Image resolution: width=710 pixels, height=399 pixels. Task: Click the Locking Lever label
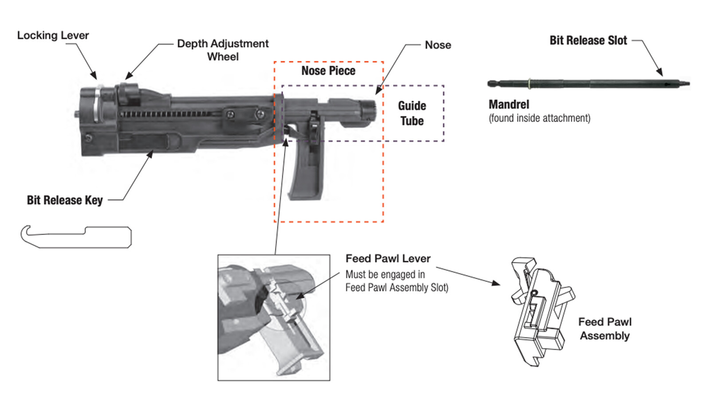click(x=53, y=35)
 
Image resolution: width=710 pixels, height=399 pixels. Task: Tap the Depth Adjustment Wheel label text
click(x=223, y=50)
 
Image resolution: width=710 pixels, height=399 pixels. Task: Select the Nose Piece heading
click(x=328, y=71)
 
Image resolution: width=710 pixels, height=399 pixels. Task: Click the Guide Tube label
click(x=412, y=113)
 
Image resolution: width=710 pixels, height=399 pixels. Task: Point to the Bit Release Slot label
click(x=588, y=41)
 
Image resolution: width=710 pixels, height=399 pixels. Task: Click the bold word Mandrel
click(x=509, y=105)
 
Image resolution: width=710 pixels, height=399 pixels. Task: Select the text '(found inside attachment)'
click(x=540, y=118)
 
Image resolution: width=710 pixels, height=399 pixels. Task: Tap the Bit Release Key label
click(x=65, y=200)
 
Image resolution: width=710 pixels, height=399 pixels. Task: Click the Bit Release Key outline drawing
click(x=76, y=236)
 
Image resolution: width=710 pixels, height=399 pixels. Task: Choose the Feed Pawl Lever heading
click(x=388, y=258)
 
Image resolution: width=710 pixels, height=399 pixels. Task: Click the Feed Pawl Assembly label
click(x=605, y=329)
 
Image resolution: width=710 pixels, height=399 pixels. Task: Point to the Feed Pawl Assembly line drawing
click(x=540, y=310)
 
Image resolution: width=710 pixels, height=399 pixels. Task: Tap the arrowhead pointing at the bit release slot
click(x=660, y=72)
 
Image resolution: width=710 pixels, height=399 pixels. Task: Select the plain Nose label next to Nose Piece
click(x=438, y=45)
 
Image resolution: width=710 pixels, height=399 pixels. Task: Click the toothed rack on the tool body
click(x=169, y=114)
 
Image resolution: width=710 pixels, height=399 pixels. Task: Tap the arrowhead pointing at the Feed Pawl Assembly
click(x=496, y=283)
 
